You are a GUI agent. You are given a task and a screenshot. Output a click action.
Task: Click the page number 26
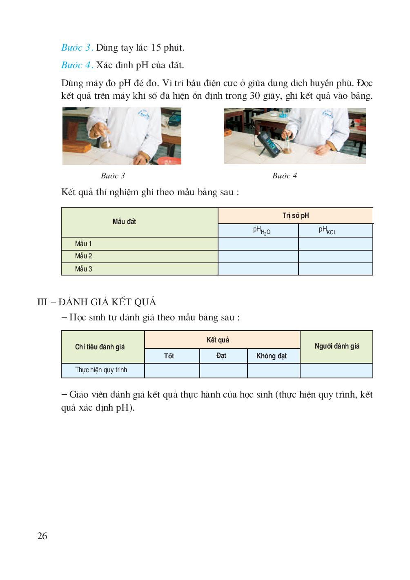42,536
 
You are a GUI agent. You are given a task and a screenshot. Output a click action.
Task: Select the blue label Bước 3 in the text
77,47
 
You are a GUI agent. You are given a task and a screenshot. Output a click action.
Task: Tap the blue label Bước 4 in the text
77,65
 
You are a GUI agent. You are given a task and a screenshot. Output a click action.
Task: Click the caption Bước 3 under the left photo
113,176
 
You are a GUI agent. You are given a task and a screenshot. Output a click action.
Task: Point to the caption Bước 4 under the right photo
285,176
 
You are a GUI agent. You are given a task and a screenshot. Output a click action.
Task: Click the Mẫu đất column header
124,222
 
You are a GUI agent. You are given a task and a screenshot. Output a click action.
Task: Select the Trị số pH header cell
296,216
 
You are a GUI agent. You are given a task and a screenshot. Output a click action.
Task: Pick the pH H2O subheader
261,231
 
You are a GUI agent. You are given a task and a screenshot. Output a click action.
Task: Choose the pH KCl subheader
327,231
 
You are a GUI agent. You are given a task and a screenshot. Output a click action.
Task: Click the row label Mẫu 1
83,244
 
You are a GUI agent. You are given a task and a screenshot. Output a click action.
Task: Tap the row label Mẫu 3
83,269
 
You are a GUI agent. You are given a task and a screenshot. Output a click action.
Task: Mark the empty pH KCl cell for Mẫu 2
336,256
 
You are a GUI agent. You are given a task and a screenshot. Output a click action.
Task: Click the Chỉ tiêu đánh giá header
100,347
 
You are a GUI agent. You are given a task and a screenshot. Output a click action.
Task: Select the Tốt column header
169,356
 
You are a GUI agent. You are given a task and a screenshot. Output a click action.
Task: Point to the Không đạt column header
272,356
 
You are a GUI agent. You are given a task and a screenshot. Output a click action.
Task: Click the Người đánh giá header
337,346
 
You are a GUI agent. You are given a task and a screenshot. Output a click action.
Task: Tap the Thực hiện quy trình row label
101,370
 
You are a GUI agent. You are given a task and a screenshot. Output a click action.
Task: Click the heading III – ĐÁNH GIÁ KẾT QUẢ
97,302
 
